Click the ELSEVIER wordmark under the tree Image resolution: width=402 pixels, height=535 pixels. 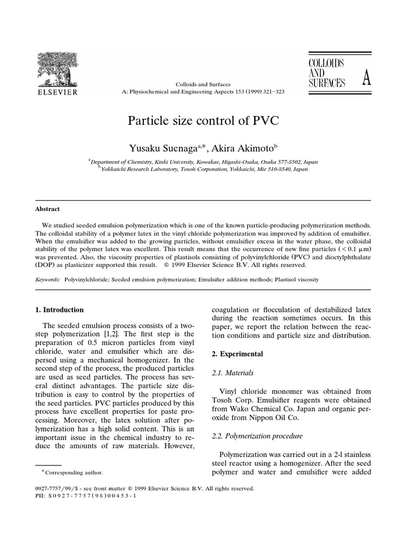coord(57,92)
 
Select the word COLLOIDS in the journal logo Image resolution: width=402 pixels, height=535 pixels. coord(326,63)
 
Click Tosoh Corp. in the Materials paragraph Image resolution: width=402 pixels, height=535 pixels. coord(228,401)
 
